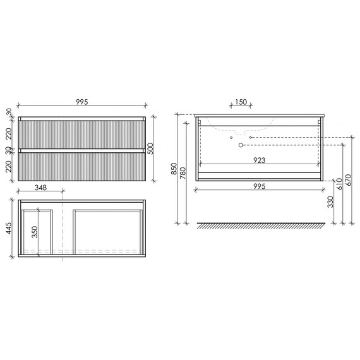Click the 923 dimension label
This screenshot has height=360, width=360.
[260, 160]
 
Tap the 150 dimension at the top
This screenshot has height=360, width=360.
[241, 102]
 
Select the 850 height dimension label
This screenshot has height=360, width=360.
[174, 169]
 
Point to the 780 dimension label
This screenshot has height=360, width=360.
[183, 173]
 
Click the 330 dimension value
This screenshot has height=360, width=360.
[330, 202]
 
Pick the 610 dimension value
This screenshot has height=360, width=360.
[339, 184]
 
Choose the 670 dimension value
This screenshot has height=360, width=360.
[348, 180]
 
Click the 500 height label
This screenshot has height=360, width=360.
[150, 148]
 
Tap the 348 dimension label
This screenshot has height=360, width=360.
[40, 188]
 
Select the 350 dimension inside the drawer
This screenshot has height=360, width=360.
[35, 232]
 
